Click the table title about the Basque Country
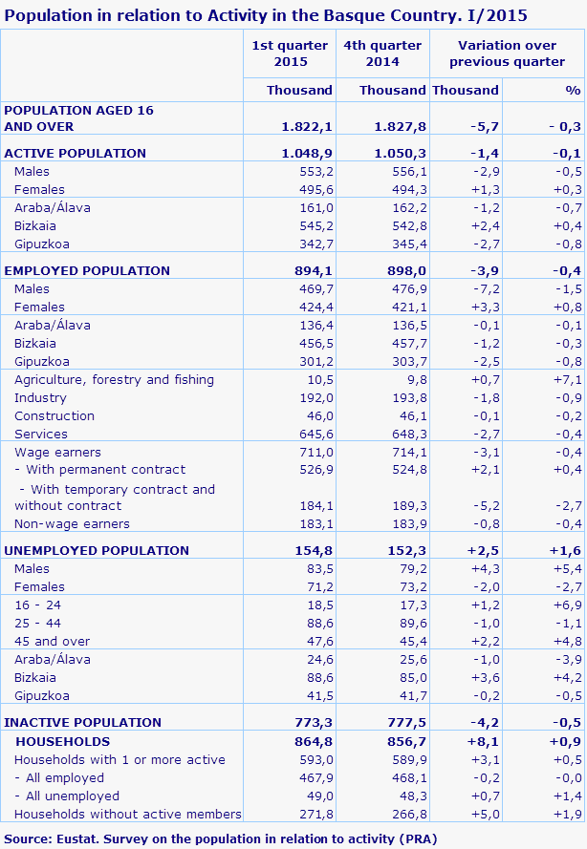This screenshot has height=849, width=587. point(266,15)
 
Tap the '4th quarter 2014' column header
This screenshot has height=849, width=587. point(382,53)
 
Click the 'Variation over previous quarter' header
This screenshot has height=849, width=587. point(507,53)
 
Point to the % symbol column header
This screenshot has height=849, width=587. point(572,90)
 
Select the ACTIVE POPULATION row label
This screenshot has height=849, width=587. point(76,153)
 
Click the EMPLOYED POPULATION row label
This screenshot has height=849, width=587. point(87,270)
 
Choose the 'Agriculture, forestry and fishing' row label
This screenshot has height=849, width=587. point(114,379)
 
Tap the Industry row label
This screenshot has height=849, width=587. point(40,397)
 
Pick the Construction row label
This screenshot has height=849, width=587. point(54,415)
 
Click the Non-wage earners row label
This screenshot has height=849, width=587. point(72,523)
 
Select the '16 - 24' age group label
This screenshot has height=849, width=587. point(37,605)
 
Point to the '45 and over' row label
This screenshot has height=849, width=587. point(53,641)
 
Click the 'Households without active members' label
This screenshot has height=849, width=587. point(127,814)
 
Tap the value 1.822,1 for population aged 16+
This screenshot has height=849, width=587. point(307,126)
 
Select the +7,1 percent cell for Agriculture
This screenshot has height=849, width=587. point(567,379)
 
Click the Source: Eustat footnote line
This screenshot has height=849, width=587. point(221,838)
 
